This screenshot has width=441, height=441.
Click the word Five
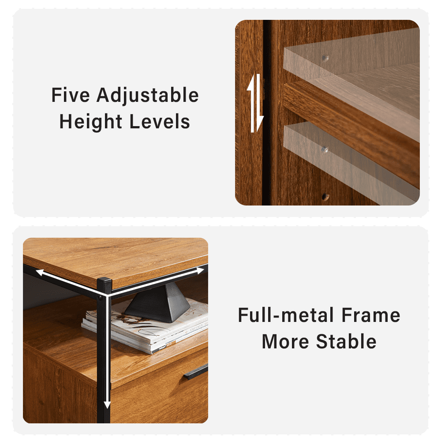coord(71,95)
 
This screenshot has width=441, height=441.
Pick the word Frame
coord(371,315)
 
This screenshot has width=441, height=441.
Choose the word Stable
coord(346,341)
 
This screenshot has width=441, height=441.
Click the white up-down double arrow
coord(255,103)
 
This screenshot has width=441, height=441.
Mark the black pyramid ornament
coord(157,303)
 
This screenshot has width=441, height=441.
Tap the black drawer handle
coord(196,372)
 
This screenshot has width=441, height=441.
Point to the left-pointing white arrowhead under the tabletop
coord(40,272)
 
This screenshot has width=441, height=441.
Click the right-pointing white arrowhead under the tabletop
coord(200,271)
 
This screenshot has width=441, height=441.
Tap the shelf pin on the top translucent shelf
coord(325,58)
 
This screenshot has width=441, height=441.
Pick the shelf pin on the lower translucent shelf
coord(325,149)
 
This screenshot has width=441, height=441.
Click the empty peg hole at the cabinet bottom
coord(325,197)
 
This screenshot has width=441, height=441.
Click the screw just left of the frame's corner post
coord(99,297)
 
